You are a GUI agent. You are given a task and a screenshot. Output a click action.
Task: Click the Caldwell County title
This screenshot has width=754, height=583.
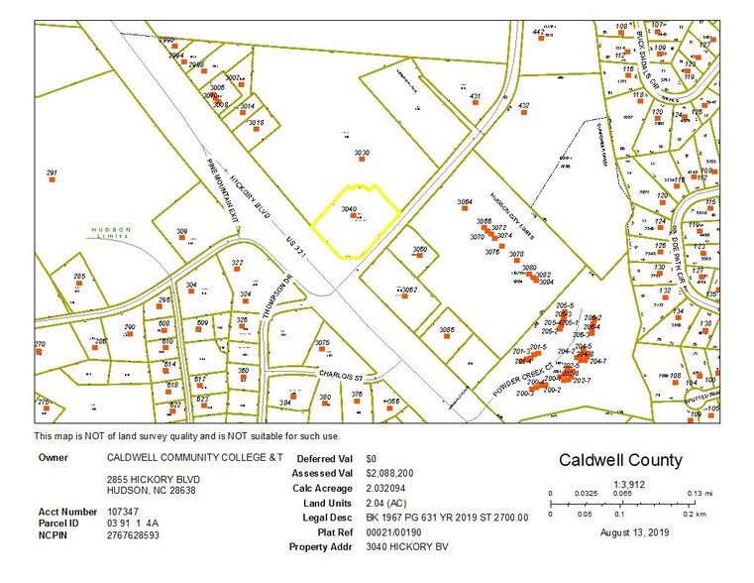coord(620,460)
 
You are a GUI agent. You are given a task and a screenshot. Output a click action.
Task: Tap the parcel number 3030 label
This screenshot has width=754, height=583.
coord(362,153)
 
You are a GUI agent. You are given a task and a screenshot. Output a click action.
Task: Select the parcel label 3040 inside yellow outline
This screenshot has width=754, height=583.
coord(349,209)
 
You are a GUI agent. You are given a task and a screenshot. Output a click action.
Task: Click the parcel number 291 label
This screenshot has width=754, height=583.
coord(53,173)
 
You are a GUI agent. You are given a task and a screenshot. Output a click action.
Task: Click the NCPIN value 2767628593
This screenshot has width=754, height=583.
coord(134,534)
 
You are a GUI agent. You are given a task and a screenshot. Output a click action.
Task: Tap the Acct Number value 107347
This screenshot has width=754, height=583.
coord(122,511)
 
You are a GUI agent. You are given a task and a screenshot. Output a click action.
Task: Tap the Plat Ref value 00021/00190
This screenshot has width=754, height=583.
coord(392,531)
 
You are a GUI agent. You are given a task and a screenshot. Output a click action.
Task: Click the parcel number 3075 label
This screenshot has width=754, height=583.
coord(322,342)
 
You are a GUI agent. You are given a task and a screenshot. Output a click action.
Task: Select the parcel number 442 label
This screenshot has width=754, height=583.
coord(539,32)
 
